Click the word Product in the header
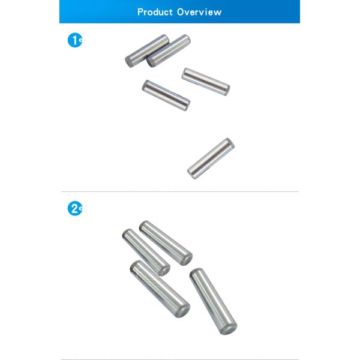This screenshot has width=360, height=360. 155,12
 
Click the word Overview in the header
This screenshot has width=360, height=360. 199,12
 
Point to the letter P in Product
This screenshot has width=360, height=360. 140,12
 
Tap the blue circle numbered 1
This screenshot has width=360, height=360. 75,40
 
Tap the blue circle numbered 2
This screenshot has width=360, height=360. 75,208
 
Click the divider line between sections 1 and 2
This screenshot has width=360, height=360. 180,191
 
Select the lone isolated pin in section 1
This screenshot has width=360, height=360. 211,158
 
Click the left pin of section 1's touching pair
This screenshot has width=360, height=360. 147,51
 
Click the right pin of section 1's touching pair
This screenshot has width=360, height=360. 169,51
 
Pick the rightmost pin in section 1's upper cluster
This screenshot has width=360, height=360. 206,82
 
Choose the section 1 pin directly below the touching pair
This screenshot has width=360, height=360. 166,95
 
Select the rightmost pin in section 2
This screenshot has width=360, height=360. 214,301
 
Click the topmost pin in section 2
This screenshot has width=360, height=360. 166,243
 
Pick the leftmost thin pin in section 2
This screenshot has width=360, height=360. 146,252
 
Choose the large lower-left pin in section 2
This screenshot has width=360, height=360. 160,289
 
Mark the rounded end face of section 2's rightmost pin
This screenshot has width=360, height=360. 228,329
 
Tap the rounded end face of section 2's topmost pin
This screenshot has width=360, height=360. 187,260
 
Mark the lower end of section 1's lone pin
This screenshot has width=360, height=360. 193,174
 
